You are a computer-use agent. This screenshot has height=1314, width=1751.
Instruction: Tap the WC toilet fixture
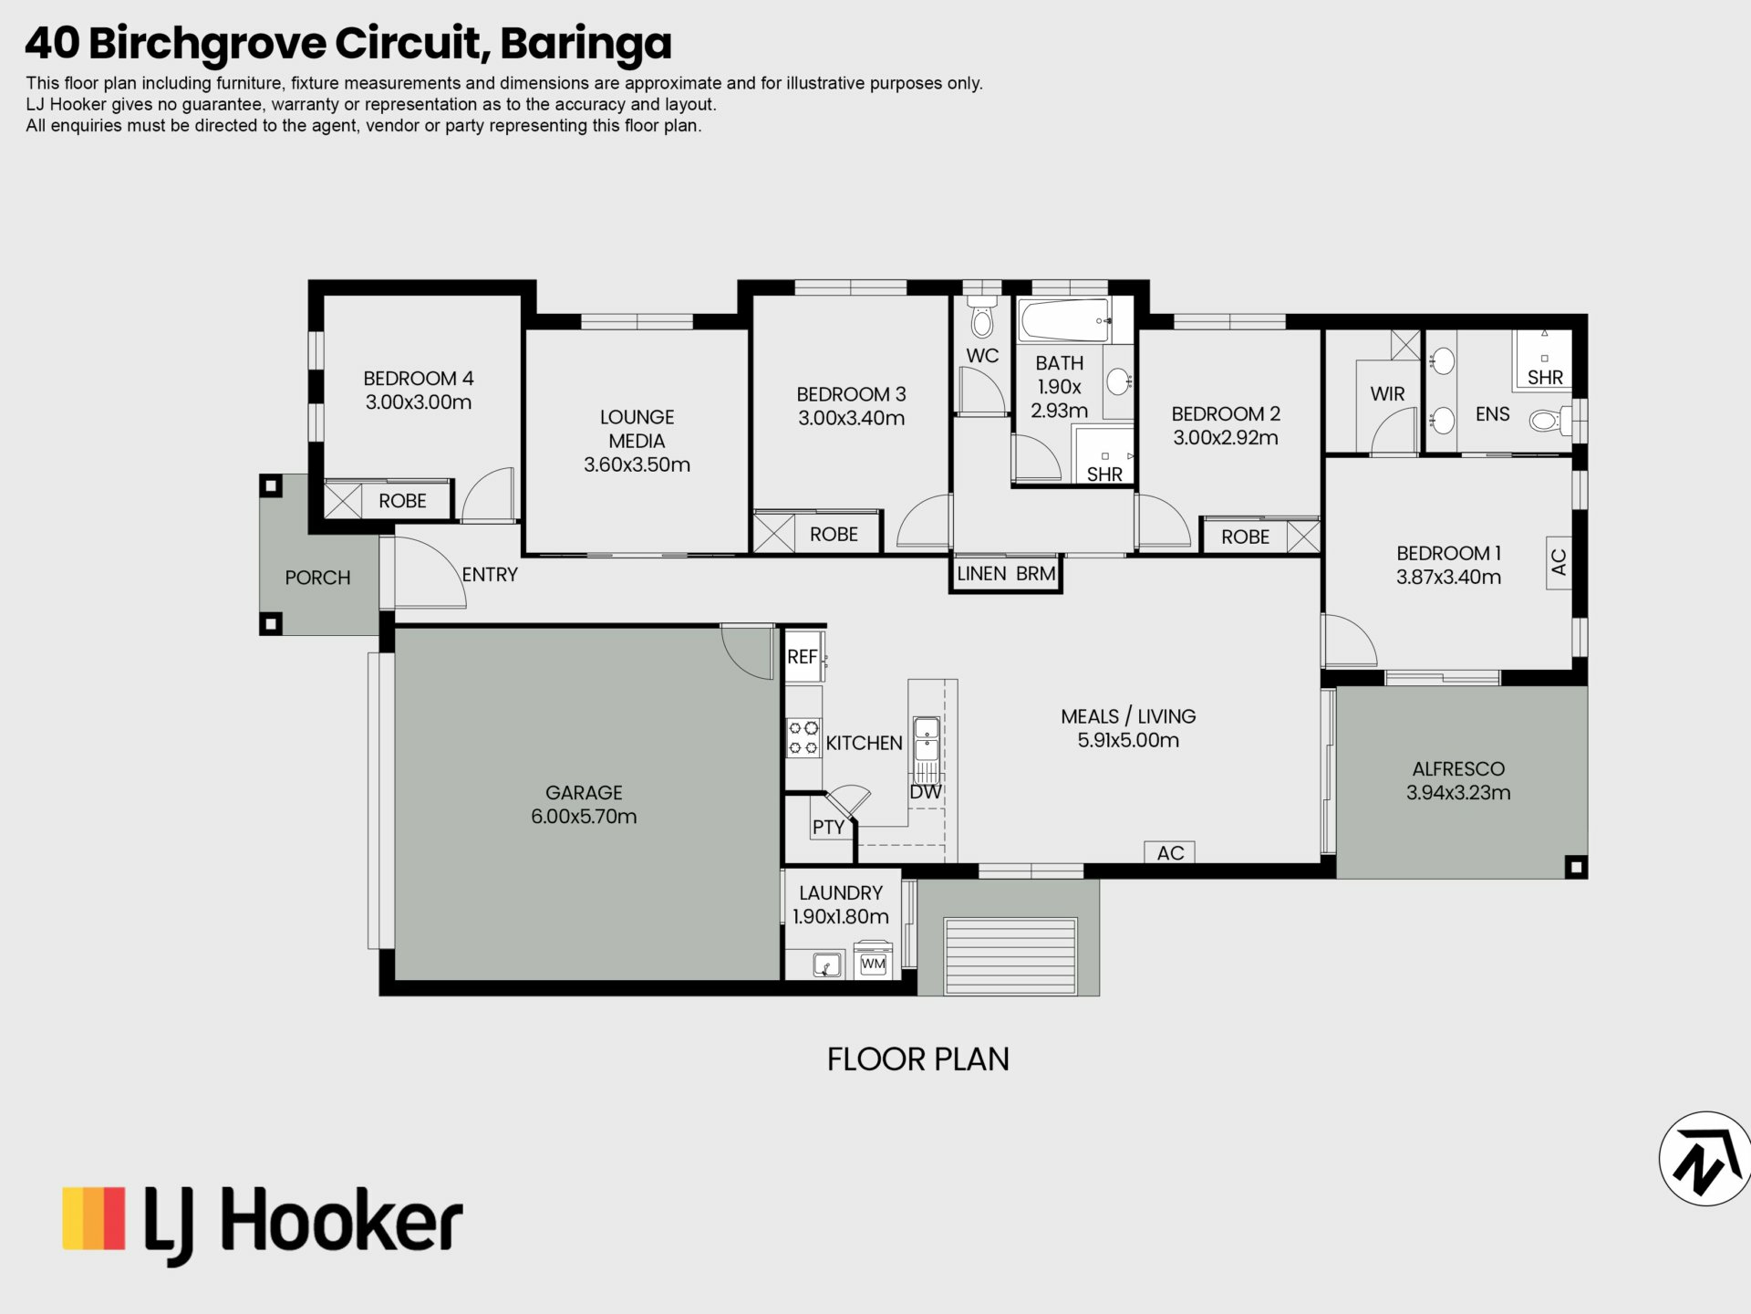point(982,316)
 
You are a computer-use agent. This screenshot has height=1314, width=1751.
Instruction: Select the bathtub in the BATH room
point(1065,320)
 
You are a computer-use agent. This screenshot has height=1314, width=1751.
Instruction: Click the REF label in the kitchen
point(802,656)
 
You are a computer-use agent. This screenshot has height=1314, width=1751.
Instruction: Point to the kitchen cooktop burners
point(803,737)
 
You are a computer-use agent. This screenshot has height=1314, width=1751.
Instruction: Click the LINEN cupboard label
point(981,573)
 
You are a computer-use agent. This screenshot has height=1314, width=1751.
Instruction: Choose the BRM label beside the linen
point(1036,573)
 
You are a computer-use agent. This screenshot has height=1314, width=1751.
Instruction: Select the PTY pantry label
point(828,827)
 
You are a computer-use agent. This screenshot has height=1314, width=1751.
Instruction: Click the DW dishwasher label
point(926,791)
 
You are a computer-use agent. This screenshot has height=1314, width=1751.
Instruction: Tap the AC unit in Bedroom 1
point(1559,561)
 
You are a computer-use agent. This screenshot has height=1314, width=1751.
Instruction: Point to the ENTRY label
point(490,574)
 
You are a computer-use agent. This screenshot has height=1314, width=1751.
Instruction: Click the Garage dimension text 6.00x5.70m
point(584,816)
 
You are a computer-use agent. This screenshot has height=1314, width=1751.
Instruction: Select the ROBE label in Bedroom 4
point(402,500)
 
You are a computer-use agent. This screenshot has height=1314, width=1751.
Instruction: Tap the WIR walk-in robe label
point(1387,393)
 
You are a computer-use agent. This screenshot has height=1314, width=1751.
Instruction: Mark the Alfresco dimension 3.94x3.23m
point(1458,792)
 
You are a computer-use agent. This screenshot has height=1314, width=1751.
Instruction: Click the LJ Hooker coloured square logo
point(93,1217)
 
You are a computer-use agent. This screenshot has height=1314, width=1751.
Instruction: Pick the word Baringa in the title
point(585,44)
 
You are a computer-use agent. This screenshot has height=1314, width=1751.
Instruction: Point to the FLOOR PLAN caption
point(917,1058)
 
